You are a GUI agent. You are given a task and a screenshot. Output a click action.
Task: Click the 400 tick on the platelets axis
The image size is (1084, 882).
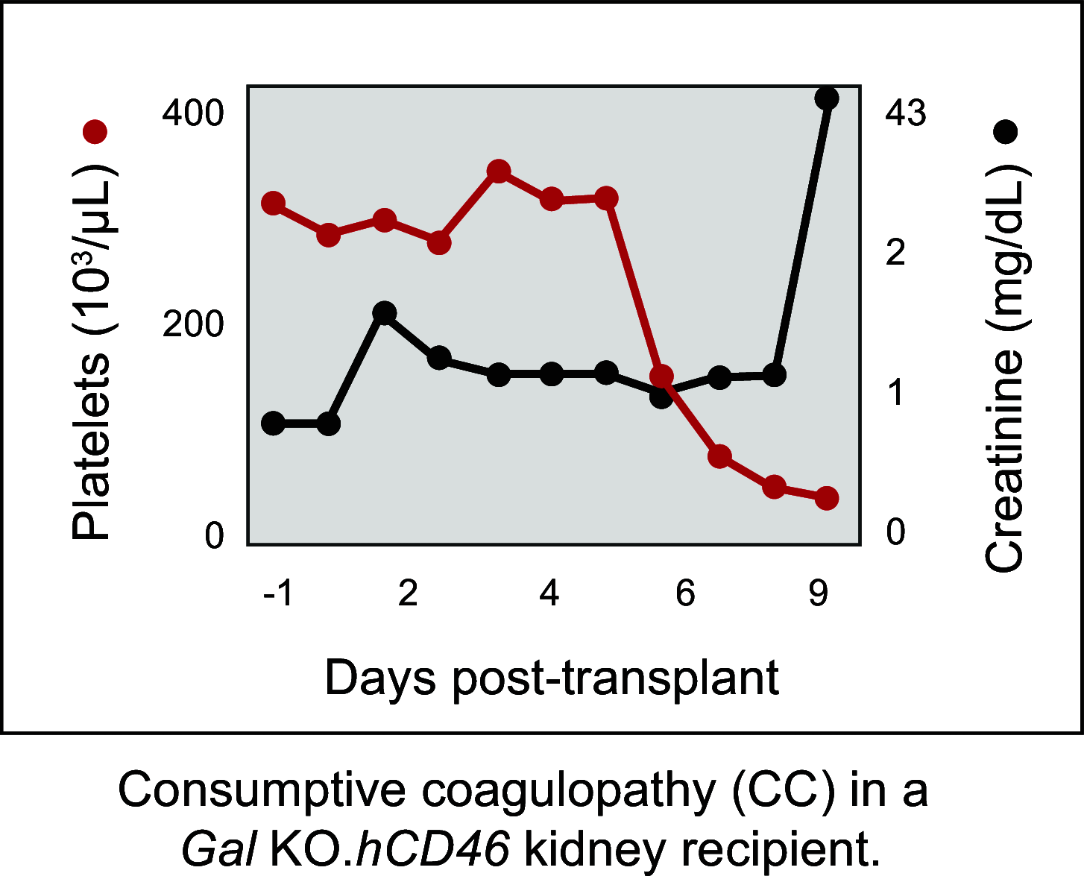tap(193, 114)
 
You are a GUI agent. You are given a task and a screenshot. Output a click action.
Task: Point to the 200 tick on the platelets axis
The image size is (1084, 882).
tap(193, 325)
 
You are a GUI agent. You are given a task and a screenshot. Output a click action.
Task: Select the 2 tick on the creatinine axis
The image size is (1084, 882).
tap(895, 253)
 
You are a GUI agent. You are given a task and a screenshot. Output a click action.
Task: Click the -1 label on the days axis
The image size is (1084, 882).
tap(278, 594)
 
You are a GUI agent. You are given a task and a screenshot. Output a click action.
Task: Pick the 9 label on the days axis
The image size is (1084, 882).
tap(819, 594)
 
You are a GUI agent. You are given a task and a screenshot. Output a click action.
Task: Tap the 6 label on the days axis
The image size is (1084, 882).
tap(685, 594)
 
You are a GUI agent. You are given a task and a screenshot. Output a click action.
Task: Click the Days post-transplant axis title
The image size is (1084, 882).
tap(552, 679)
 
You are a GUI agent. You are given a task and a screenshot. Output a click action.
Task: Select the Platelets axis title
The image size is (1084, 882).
tap(92, 350)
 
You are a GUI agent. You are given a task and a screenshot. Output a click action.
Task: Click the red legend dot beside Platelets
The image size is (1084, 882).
tap(95, 132)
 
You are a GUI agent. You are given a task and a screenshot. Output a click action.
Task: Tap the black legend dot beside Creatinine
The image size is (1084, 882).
tap(1006, 132)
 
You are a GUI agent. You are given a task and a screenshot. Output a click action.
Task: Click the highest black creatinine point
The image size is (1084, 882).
tap(826, 98)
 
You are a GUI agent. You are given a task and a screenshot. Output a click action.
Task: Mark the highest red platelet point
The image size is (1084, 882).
tap(498, 171)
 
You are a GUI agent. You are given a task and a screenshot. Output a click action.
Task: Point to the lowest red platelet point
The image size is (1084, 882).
tap(826, 498)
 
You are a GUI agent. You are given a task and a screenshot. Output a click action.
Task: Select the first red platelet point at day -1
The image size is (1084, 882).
tap(274, 203)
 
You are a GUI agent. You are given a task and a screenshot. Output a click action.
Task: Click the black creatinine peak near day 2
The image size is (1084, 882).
tap(384, 312)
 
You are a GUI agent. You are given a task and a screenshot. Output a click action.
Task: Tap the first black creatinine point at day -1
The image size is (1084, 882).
tap(274, 423)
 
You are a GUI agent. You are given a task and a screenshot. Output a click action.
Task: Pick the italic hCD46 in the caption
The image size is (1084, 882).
tap(433, 849)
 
